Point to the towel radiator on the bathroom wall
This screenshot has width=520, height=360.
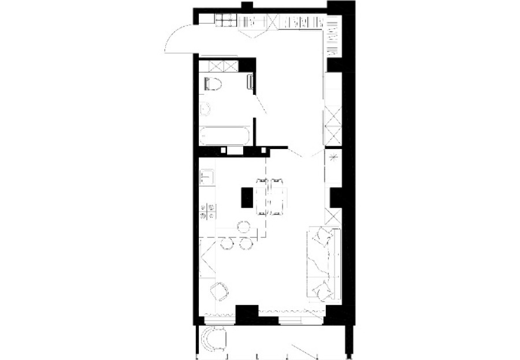(x=250, y=83)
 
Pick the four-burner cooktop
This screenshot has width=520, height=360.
(x=208, y=211)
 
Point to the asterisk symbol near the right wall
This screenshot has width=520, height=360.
(x=333, y=157)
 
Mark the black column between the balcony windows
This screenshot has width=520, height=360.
(x=247, y=314)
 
